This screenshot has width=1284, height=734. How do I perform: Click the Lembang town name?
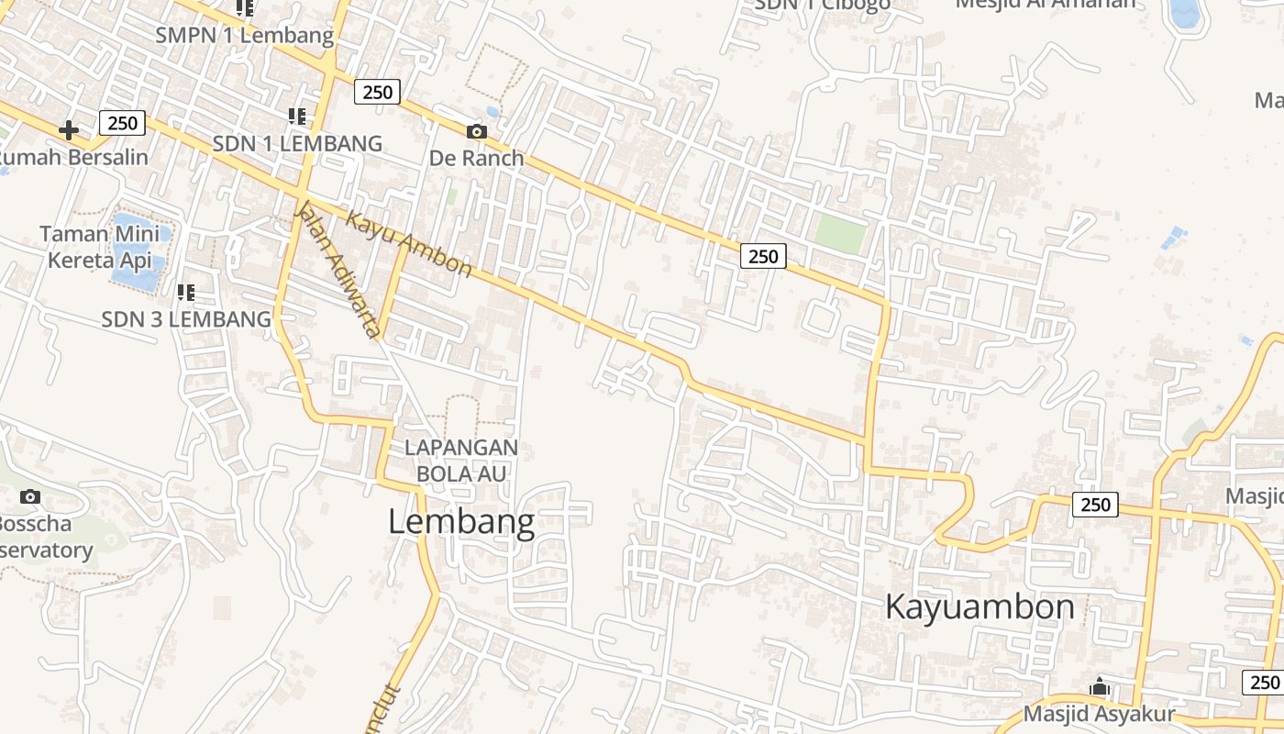461,522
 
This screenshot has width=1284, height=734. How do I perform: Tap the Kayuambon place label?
980,607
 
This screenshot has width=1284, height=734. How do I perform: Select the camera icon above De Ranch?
476,131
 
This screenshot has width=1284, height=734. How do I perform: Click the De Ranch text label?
476,158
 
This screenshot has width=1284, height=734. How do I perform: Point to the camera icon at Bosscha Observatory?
30,496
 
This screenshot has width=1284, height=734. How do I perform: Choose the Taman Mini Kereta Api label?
99,247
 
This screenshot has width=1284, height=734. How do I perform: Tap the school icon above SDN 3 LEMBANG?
186,293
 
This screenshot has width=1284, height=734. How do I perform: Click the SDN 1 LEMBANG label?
297,144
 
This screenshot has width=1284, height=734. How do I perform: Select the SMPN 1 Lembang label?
244,36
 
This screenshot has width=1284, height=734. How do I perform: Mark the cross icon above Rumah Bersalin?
68,130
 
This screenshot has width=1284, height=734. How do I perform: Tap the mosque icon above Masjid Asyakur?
1099,686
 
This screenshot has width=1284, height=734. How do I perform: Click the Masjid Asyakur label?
1099,714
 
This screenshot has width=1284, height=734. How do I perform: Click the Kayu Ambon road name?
409,245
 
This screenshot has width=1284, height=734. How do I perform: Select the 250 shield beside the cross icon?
121,123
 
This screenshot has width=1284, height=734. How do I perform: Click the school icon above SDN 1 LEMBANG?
296,117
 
